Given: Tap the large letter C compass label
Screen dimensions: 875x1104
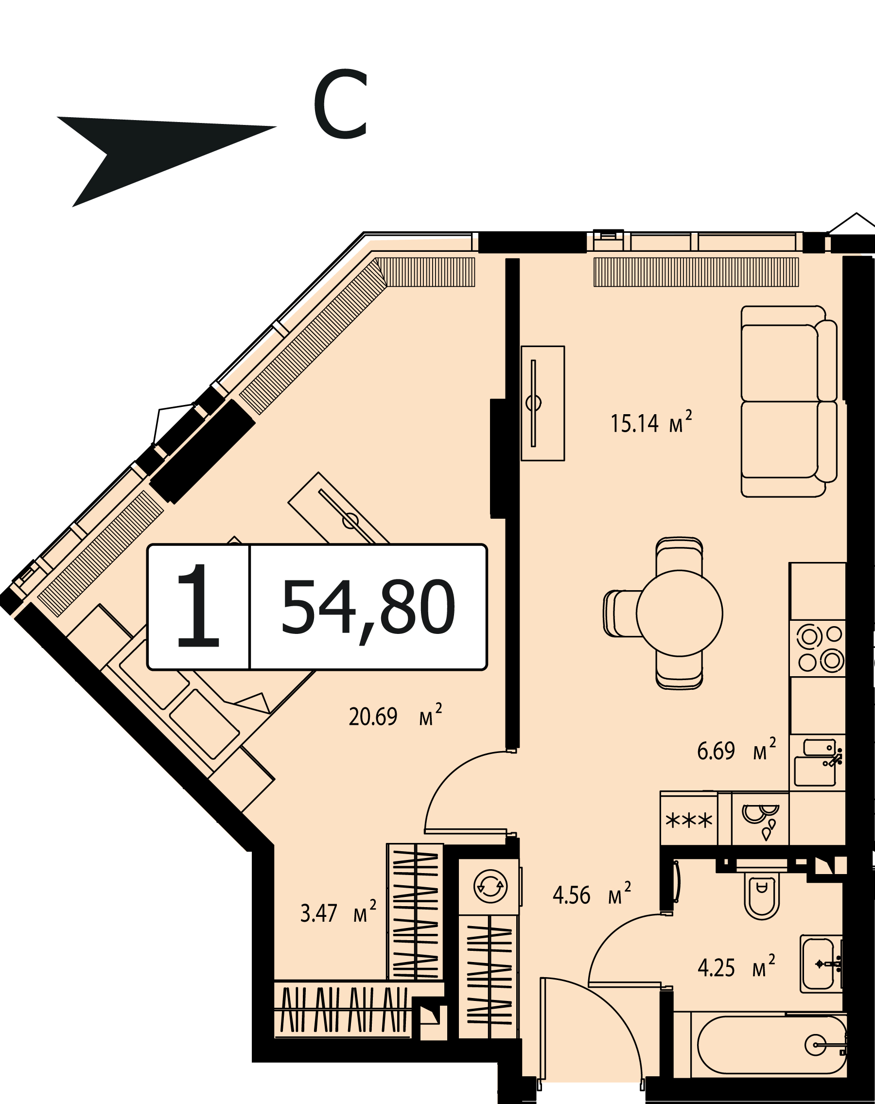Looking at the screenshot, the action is (x=340, y=104).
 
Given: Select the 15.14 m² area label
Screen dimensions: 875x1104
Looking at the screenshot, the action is (x=651, y=422).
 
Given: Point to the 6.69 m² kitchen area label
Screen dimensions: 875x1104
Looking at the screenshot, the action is (x=736, y=750).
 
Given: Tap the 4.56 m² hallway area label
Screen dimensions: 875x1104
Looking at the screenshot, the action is (x=592, y=894).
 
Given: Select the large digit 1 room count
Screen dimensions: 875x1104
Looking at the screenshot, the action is (x=198, y=606).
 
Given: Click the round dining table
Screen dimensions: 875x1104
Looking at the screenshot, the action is (x=680, y=613).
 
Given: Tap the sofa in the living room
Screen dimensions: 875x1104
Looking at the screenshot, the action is (x=788, y=401).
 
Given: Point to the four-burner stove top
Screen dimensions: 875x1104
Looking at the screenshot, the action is (x=817, y=648).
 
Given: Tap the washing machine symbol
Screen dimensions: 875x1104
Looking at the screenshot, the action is (x=490, y=886).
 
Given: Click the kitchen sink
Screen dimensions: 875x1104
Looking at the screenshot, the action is (x=818, y=763).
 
